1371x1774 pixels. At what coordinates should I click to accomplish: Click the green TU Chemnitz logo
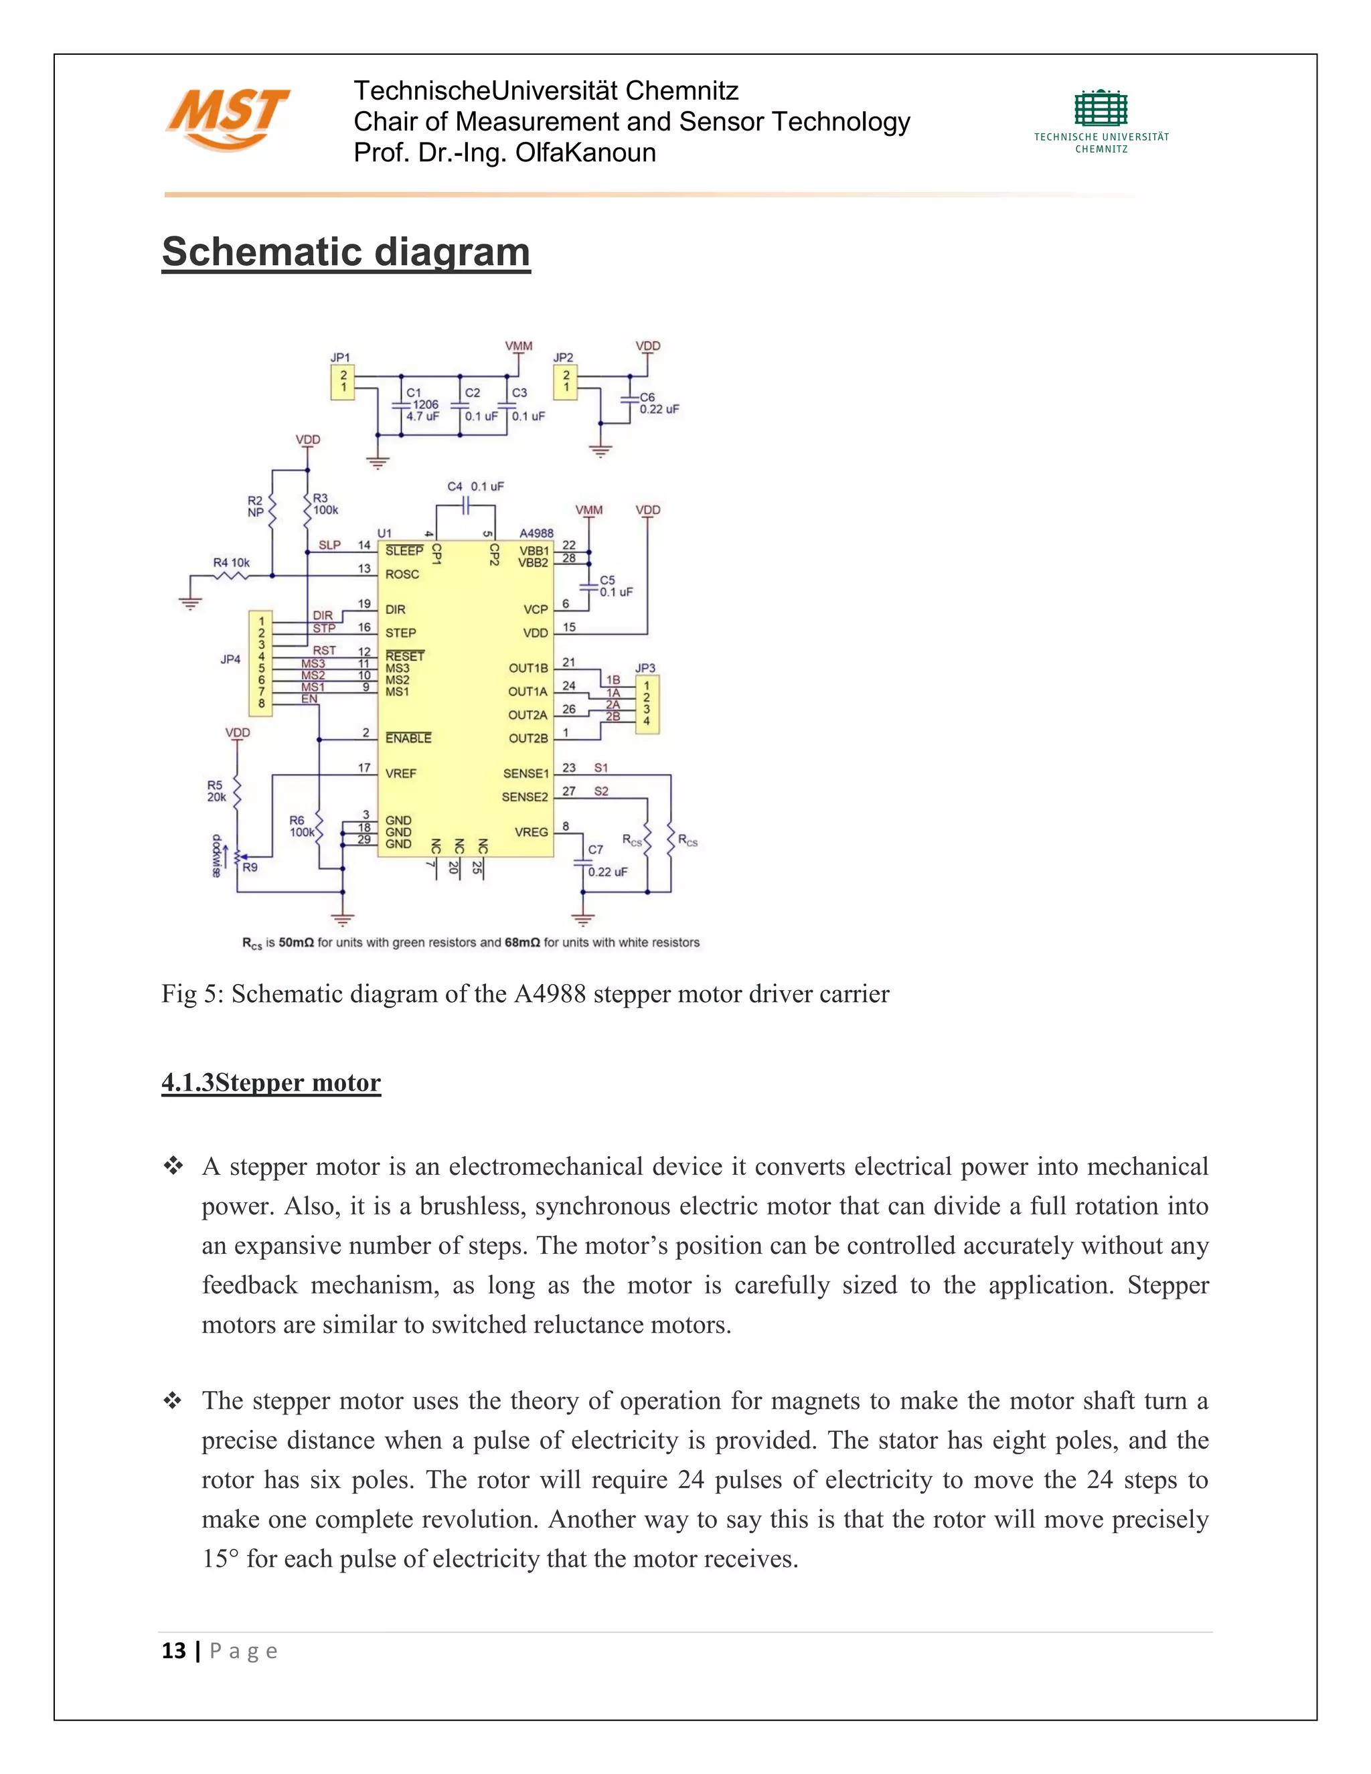pyautogui.click(x=1101, y=120)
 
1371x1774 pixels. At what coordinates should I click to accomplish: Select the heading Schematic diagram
pyautogui.click(x=346, y=252)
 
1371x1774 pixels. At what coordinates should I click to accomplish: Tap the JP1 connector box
pyautogui.click(x=342, y=382)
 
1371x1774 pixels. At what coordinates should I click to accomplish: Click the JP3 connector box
pyautogui.click(x=647, y=704)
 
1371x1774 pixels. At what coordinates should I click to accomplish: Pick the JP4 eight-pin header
pyautogui.click(x=260, y=663)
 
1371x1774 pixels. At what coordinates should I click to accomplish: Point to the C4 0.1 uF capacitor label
pyautogui.click(x=475, y=487)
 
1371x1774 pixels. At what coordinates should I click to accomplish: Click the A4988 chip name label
pyautogui.click(x=536, y=534)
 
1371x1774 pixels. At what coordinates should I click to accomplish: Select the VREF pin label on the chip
pyautogui.click(x=400, y=773)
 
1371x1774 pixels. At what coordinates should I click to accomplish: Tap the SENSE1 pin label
pyautogui.click(x=526, y=773)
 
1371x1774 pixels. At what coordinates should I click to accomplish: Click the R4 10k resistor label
pyautogui.click(x=232, y=562)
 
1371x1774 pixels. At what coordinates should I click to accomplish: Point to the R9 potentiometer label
pyautogui.click(x=250, y=868)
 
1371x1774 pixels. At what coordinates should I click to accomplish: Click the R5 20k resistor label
pyautogui.click(x=216, y=791)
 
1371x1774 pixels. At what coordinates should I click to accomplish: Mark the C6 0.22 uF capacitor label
pyautogui.click(x=658, y=404)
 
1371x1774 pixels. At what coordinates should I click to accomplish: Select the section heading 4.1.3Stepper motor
pyautogui.click(x=270, y=1082)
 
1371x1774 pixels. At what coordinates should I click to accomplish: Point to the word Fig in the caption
pyautogui.click(x=177, y=994)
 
